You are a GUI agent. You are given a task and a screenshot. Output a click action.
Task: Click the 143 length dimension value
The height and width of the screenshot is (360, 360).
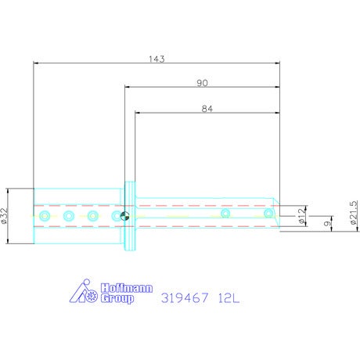pos(157,59)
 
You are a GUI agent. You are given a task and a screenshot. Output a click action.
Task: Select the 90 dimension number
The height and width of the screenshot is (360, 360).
pos(202,83)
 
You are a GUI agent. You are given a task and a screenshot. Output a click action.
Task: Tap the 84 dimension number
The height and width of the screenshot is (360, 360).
pos(207,109)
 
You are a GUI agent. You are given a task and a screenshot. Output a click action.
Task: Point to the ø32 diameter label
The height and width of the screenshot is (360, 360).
pos(4,216)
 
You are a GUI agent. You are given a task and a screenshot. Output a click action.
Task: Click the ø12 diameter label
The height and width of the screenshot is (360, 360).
pos(301,216)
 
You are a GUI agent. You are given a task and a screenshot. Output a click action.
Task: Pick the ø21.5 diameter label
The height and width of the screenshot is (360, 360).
pos(354,213)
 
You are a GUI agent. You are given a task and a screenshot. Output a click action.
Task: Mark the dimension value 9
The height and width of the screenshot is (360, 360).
pos(326,223)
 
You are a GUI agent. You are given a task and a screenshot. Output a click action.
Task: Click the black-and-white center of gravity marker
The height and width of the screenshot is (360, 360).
pos(124,216)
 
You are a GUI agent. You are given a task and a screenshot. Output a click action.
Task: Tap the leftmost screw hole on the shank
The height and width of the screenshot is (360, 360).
pos(45,216)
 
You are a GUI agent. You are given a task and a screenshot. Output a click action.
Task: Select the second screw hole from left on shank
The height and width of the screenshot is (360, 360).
pos(69,216)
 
